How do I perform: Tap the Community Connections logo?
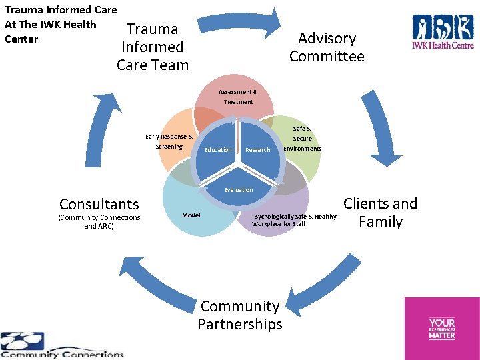click(61, 345)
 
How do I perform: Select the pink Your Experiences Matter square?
click(442, 328)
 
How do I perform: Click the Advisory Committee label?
click(327, 47)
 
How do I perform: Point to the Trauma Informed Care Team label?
click(153, 47)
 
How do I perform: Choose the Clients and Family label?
click(380, 213)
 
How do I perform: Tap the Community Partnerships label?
click(240, 315)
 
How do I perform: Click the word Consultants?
click(99, 204)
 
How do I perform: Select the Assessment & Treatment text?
click(238, 97)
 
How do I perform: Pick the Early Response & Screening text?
click(169, 141)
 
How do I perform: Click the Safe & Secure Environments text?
click(302, 138)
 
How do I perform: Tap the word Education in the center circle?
click(218, 150)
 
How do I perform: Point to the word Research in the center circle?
click(257, 150)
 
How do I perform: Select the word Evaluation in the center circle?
click(239, 190)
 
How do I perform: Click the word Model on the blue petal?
click(191, 215)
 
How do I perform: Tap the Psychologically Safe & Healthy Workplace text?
click(293, 220)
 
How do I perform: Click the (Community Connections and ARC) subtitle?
click(99, 222)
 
